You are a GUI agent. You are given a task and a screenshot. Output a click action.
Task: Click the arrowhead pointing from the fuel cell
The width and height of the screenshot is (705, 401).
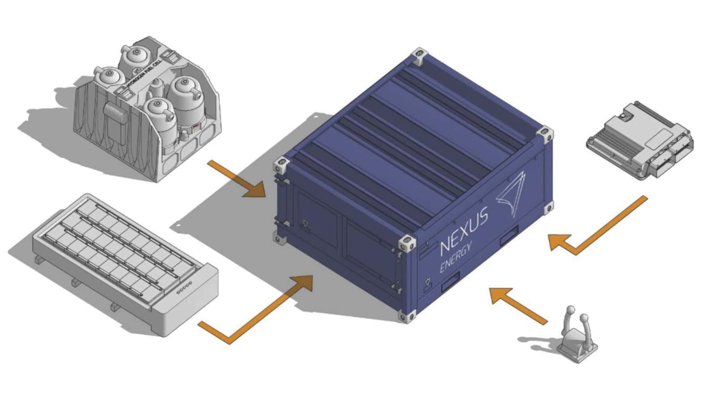pyautogui.click(x=254, y=189)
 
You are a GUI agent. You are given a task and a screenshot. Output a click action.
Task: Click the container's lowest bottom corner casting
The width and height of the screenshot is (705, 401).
pyautogui.click(x=407, y=316)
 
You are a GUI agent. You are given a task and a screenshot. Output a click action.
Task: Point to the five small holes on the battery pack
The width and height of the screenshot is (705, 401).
pyautogui.click(x=184, y=288)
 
